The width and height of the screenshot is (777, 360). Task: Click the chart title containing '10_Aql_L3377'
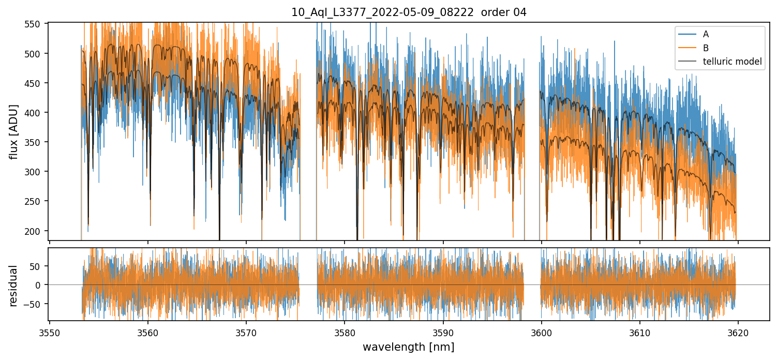409,12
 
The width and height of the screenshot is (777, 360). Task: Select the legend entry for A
706,35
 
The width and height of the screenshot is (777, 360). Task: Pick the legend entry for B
706,48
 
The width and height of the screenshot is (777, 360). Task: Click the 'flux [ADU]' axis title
14,131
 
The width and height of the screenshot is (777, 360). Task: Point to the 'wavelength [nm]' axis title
408,347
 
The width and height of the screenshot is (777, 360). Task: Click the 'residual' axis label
14,286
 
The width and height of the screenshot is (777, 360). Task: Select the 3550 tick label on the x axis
49,332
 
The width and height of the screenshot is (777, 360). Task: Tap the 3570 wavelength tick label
246,332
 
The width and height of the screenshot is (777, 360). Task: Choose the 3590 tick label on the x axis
443,332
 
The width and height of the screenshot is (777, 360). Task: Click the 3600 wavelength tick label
541,332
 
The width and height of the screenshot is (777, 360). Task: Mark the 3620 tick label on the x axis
738,332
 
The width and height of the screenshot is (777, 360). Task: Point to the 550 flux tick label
37,24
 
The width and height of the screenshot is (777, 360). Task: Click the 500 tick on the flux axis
37,54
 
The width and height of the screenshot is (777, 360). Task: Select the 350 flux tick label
37,142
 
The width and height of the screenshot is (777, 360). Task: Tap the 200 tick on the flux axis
37,231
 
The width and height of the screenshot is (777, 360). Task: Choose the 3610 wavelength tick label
639,332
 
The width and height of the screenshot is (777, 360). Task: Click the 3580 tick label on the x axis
345,332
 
